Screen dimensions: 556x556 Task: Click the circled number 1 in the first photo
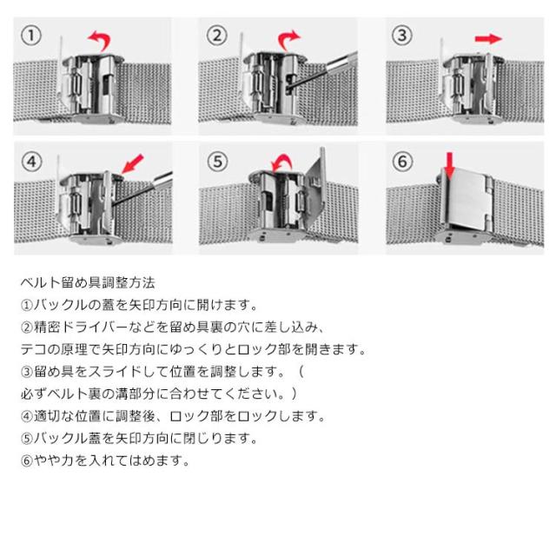[x=31, y=36]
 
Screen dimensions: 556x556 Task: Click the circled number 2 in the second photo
[x=216, y=36]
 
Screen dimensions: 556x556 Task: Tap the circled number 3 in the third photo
[x=401, y=35]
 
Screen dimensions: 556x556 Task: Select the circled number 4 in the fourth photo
[x=31, y=162]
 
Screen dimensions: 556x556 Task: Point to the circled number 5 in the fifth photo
[x=217, y=162]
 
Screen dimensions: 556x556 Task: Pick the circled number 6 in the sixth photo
[x=402, y=162]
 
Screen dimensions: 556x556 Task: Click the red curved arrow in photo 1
[x=101, y=38]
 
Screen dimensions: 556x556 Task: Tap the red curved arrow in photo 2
[x=287, y=38]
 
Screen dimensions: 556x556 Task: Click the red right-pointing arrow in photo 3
[x=488, y=38]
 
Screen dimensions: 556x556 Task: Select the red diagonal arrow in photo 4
[x=133, y=163]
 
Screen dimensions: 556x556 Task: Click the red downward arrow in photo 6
[x=450, y=166]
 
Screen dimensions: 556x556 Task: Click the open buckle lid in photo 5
[x=314, y=189]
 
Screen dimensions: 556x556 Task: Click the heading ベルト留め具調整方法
[x=88, y=282]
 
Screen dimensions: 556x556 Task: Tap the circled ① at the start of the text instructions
[x=27, y=305]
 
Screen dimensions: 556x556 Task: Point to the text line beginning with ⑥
[x=105, y=460]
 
